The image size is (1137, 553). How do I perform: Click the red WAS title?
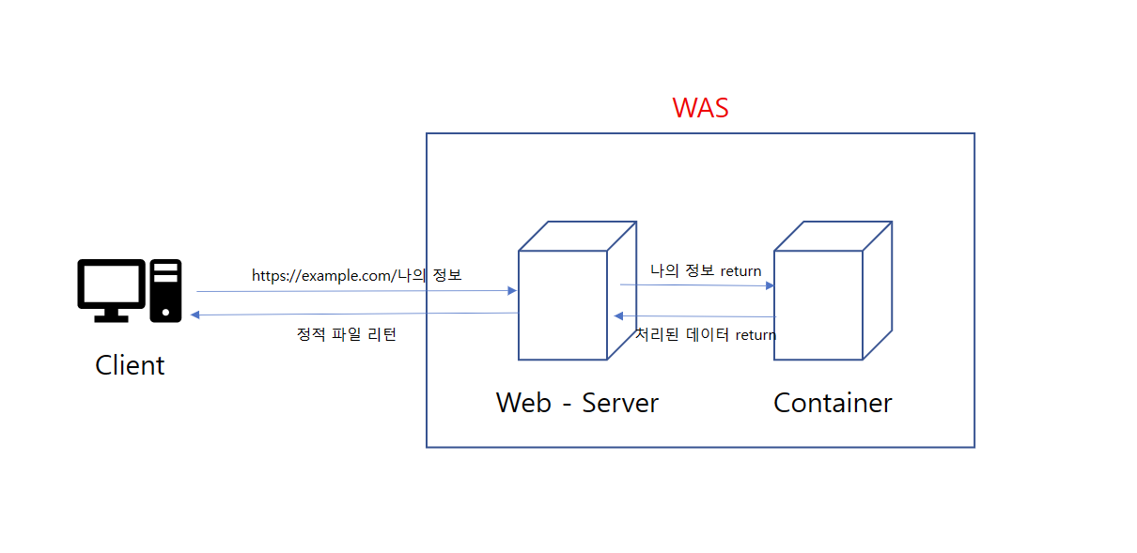tap(700, 108)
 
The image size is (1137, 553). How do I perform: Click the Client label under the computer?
tap(130, 365)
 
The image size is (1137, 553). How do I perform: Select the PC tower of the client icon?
tap(166, 291)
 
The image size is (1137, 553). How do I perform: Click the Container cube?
tap(818, 304)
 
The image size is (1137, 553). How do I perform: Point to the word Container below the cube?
tap(833, 403)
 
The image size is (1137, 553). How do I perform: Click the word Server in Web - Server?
tap(620, 403)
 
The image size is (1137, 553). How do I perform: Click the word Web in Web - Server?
tap(523, 403)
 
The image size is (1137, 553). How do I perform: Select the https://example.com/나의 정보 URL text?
tap(357, 276)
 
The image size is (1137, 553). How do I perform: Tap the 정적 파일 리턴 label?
tap(347, 334)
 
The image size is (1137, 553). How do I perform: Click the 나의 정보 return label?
tap(706, 271)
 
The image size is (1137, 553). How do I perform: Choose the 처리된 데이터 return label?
tap(706, 334)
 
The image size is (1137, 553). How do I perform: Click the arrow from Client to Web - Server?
tap(357, 291)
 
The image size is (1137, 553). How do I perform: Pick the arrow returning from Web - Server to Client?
tap(357, 315)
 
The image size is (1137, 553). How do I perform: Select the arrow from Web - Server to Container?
tap(695, 284)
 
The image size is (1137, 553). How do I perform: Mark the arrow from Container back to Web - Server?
tap(695, 316)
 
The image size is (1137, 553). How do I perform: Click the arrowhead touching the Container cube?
tap(770, 285)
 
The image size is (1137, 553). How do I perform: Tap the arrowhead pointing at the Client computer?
tap(195, 315)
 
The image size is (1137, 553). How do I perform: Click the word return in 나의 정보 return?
tap(740, 271)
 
